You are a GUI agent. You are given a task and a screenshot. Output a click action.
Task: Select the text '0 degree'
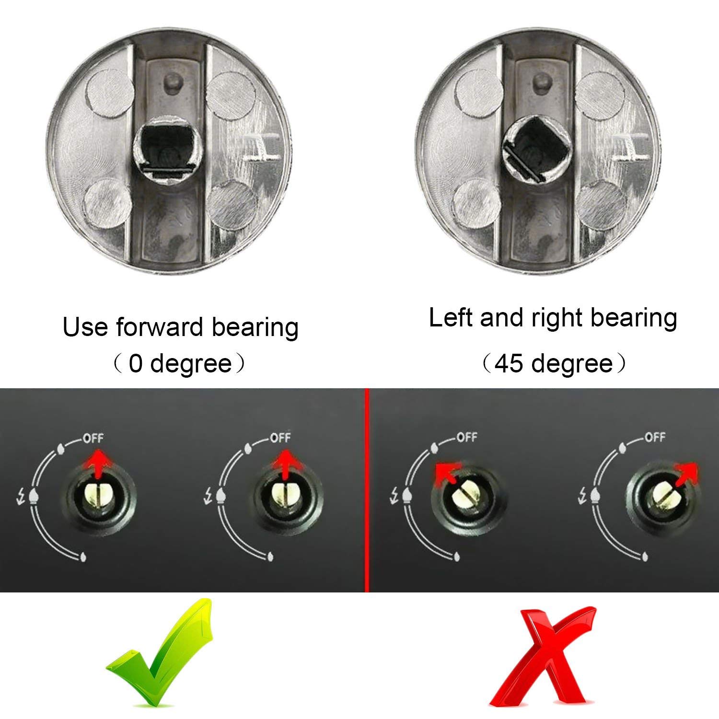tap(180, 364)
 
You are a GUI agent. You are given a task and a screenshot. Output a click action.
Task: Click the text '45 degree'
tap(554, 364)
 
